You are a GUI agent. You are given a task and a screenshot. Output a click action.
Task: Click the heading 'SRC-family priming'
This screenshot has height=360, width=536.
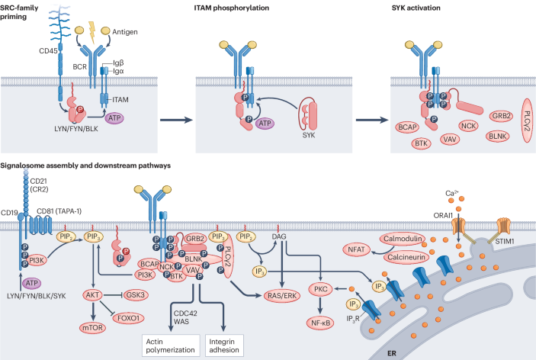tap(24, 11)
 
